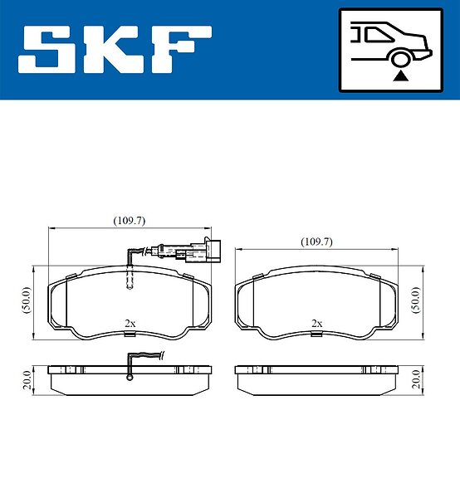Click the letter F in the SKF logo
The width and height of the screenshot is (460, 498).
tap(180, 50)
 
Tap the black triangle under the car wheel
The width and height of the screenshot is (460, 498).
tap(400, 76)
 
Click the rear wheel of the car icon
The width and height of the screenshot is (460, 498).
tap(400, 59)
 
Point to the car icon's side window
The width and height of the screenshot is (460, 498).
tap(379, 34)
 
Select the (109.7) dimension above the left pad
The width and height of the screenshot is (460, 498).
tap(130, 221)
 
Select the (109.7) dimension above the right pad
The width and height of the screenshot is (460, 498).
tap(316, 242)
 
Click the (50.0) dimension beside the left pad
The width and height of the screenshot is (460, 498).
tap(27, 300)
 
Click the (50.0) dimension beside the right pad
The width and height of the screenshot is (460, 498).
tap(416, 300)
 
